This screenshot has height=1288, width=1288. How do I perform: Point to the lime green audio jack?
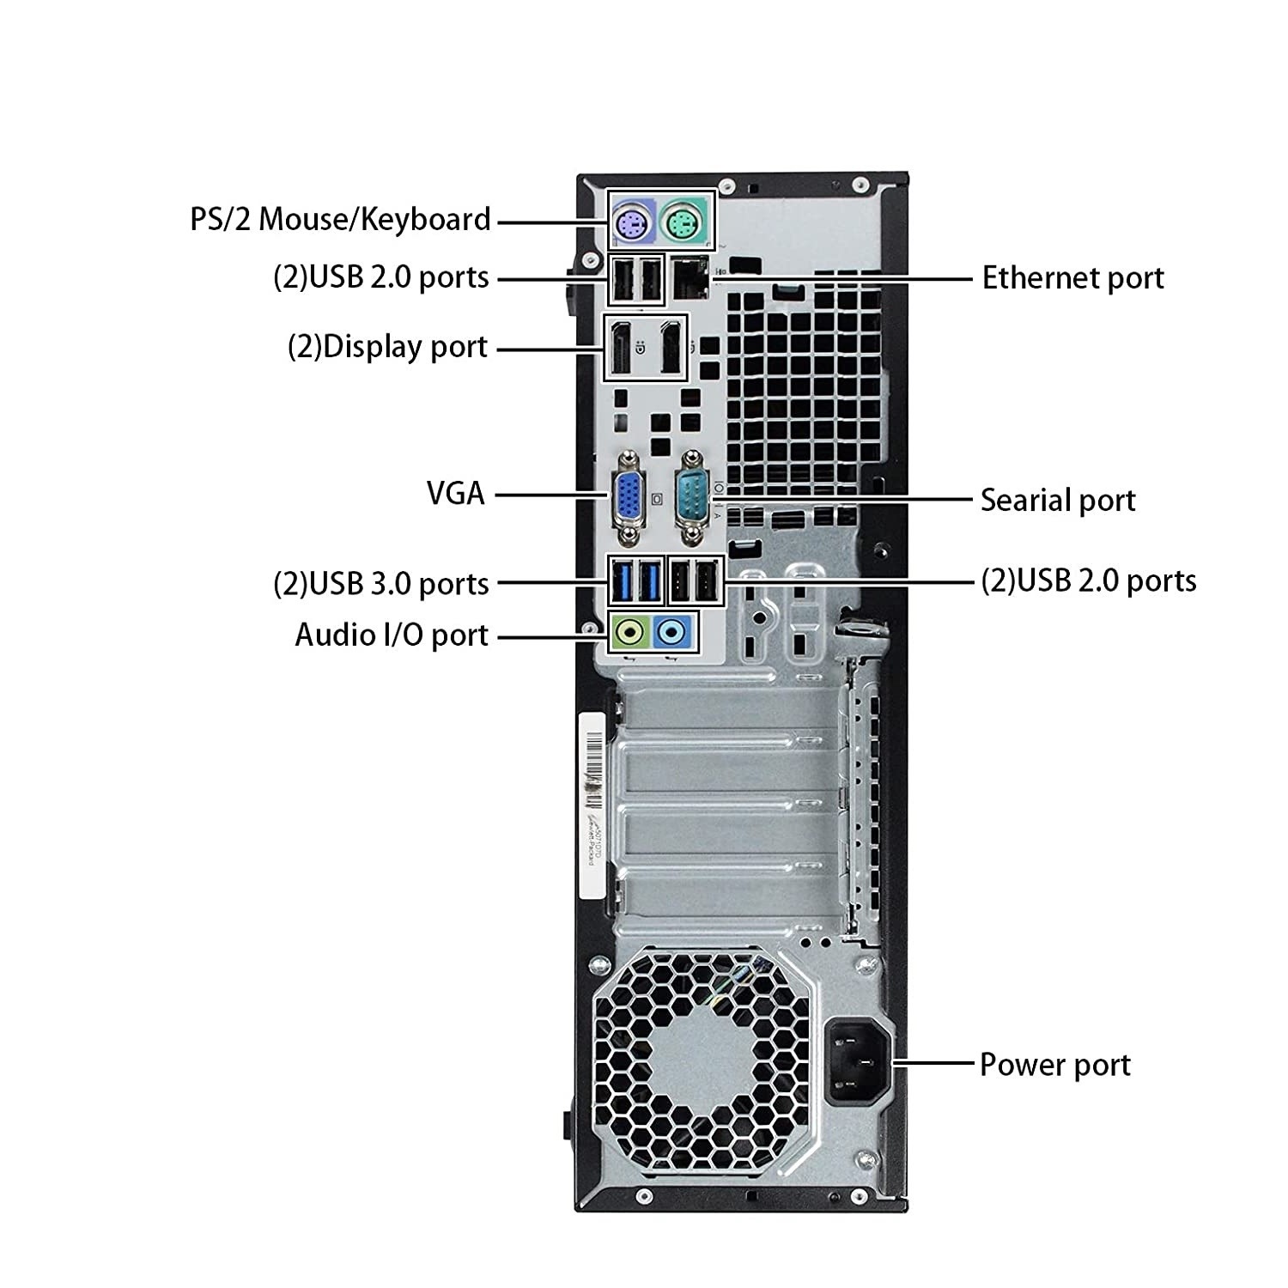point(630,634)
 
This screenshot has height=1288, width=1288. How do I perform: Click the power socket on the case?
point(858,1062)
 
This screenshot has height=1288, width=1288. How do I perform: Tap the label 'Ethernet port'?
point(1072,278)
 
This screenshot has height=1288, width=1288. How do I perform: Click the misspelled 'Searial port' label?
point(1058,500)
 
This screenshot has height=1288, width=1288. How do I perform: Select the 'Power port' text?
point(1055,1065)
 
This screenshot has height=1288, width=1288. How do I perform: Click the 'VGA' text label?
point(456,494)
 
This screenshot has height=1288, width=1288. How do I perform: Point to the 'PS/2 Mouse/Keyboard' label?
point(340,219)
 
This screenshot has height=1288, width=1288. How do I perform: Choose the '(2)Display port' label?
point(387,347)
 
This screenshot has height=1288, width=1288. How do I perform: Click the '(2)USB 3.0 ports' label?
point(381,584)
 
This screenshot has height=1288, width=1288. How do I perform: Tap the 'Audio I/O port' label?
point(392,635)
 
